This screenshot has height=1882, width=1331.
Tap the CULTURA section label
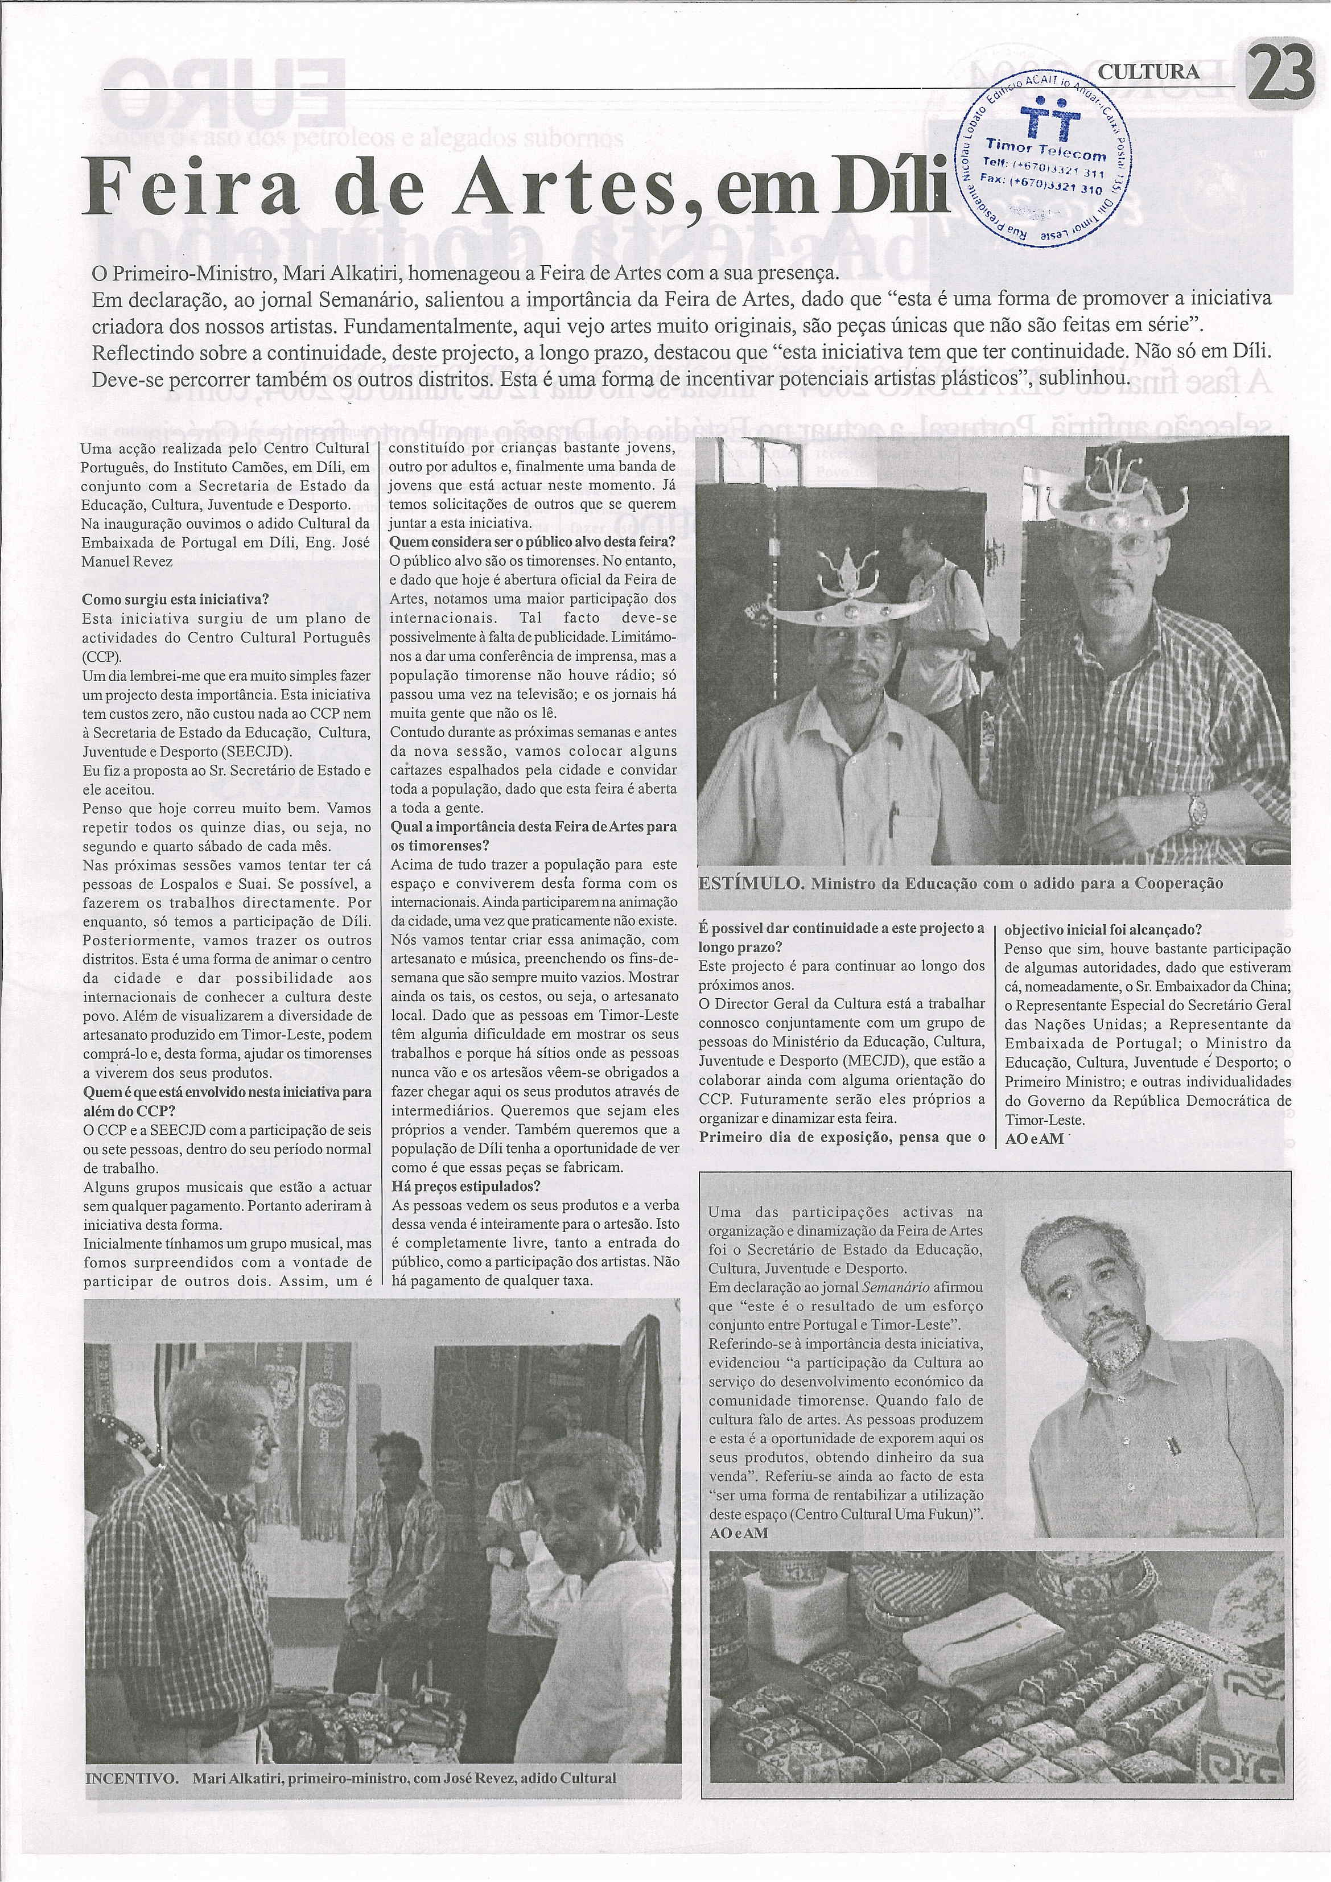point(1148,72)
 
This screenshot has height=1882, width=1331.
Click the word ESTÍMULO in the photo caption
point(748,884)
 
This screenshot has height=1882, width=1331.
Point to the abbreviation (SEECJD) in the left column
point(262,750)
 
